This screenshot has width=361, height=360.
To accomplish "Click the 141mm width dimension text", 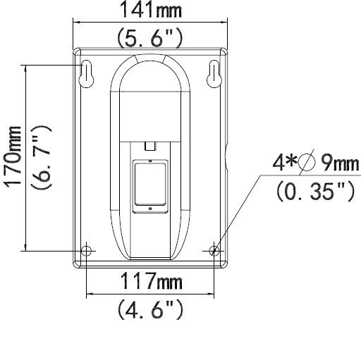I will pyautogui.click(x=149, y=11).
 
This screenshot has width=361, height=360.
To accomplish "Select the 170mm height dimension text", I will pyautogui.click(x=12, y=157).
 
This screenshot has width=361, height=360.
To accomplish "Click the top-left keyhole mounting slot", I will pyautogui.click(x=85, y=74).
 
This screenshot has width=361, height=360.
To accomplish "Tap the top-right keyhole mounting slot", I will pyautogui.click(x=214, y=74).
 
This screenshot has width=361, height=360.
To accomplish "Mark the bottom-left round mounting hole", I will pyautogui.click(x=86, y=251).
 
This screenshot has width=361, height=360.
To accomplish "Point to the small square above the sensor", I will pyautogui.click(x=149, y=146).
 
